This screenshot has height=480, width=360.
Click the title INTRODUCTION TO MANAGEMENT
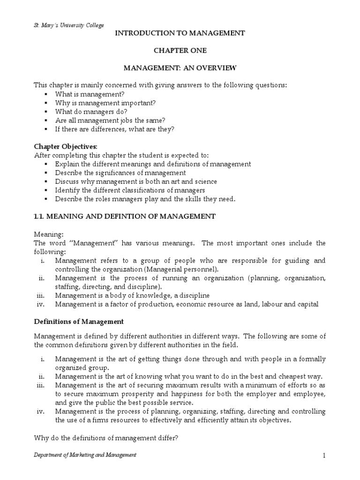click(180, 33)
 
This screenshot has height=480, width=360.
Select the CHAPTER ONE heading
click(180, 51)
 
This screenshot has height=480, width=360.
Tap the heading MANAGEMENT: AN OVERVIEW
click(180, 68)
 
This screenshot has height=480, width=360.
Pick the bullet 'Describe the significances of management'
click(120, 173)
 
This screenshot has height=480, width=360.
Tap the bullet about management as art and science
click(136, 181)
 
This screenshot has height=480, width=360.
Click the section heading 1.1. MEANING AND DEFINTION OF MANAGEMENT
click(125, 216)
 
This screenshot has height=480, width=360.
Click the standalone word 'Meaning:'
click(47, 234)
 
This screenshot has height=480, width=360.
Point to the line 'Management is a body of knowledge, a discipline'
click(132, 295)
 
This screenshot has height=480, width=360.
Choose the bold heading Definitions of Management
click(79, 322)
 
